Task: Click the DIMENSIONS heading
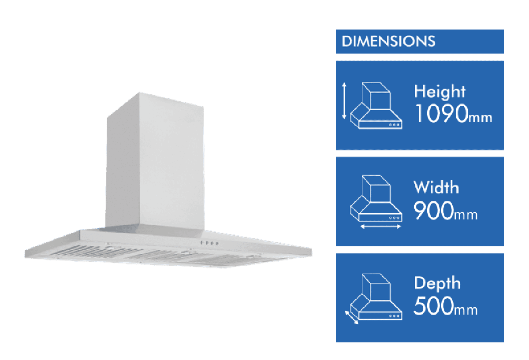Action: point(388,41)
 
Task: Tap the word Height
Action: point(440,92)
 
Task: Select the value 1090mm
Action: point(453,115)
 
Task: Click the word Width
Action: point(436,188)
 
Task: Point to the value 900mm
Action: point(445,212)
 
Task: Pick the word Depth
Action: point(437,283)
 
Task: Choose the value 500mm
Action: point(445,307)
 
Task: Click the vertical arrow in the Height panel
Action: point(344,101)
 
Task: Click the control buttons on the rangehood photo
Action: point(209,243)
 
